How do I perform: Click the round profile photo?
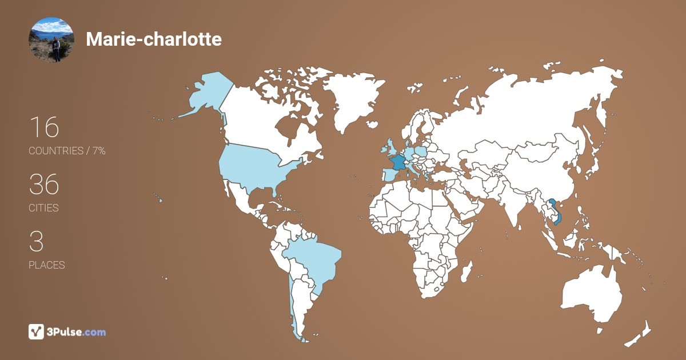coord(51,39)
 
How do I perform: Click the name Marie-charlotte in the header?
coord(153,39)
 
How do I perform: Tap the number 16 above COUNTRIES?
coord(43,127)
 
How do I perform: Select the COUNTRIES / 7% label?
coord(67,151)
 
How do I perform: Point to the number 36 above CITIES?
coord(44,185)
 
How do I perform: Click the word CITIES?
coord(43,208)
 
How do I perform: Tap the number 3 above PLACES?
coord(36,242)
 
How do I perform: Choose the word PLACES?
coord(46,265)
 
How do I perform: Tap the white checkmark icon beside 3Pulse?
coord(36,331)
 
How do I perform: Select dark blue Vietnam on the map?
coord(553,207)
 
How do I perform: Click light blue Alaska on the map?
coord(206,94)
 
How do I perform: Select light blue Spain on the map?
coord(386,175)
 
